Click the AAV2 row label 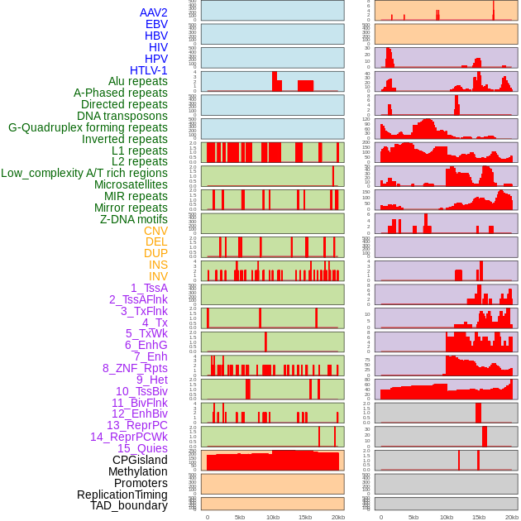[x=154, y=13]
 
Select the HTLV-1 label [x=149, y=70]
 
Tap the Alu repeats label [x=138, y=82]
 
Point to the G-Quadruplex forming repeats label [x=88, y=127]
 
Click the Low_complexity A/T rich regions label [x=84, y=173]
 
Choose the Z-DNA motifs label [x=134, y=219]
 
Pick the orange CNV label [x=155, y=231]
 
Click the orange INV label [x=158, y=276]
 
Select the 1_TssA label [x=149, y=288]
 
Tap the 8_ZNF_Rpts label [x=135, y=368]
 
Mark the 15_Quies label [x=142, y=448]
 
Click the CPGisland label [x=140, y=460]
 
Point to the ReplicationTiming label [x=122, y=495]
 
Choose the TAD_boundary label [x=129, y=505]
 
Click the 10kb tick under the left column [x=272, y=517]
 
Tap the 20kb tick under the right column [x=512, y=517]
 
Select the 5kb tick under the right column [x=413, y=517]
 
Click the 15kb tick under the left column [x=305, y=517]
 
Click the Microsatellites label [x=131, y=184]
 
